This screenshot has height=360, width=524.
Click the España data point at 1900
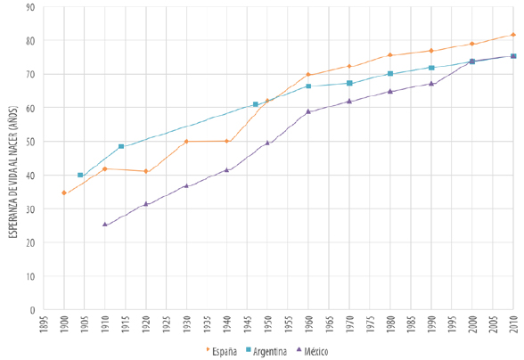coord(63,193)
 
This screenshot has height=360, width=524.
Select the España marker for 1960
coord(308,75)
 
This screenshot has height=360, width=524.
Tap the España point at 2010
coord(513,36)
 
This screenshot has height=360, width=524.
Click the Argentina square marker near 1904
coord(80,176)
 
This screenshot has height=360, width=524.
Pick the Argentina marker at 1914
coord(121,146)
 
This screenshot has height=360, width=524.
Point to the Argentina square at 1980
coord(390,74)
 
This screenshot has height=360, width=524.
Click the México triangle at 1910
coord(104,225)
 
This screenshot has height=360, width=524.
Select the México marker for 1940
coord(227,170)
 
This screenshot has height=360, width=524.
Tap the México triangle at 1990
coord(431,84)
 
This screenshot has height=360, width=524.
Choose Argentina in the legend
coord(266,351)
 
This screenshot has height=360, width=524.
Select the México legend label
coord(315,351)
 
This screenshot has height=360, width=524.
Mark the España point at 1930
coord(186,142)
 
